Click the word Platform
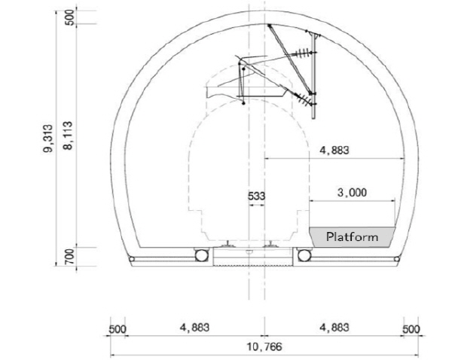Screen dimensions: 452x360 click(x=352, y=237)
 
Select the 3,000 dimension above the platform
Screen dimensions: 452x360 click(x=352, y=193)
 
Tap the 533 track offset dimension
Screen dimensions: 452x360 click(x=256, y=197)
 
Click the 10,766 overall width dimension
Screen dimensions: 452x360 click(x=264, y=346)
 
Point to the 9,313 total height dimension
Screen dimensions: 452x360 click(x=48, y=139)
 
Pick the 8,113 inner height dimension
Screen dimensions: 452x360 click(x=68, y=136)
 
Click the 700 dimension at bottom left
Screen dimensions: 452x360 click(x=70, y=257)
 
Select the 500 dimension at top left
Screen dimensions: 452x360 click(x=70, y=17)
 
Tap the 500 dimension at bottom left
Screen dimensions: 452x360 click(x=118, y=329)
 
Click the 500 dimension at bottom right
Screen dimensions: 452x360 click(x=411, y=329)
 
